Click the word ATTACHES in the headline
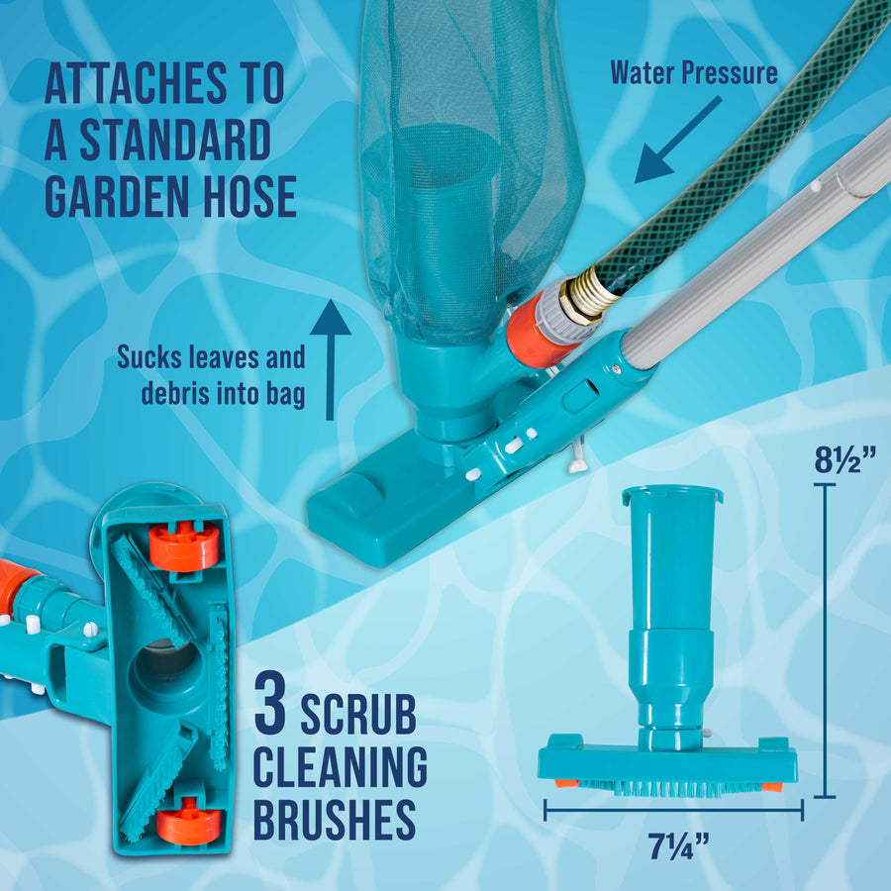(136, 83)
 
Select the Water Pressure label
(694, 72)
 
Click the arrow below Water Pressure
(677, 140)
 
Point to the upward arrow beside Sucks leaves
(330, 359)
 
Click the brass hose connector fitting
(585, 297)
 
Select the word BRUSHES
(335, 820)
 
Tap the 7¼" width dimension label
(678, 846)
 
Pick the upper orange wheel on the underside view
(183, 545)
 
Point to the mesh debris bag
(466, 164)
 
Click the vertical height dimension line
(825, 641)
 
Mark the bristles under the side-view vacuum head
(670, 787)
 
